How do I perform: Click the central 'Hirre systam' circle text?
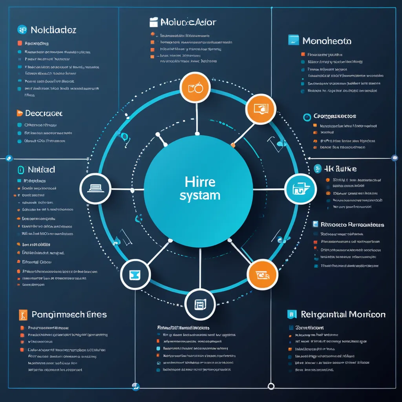click(200, 189)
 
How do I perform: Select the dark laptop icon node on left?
click(95, 188)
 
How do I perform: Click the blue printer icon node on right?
click(300, 189)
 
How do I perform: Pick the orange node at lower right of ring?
click(263, 274)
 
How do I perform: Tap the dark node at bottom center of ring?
click(200, 304)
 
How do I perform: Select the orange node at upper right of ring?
click(261, 109)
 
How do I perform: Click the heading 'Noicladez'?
click(53, 30)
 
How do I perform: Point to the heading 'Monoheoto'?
click(327, 41)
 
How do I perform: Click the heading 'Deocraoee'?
click(44, 113)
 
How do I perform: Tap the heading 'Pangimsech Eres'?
click(69, 314)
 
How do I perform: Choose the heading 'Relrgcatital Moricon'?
click(343, 314)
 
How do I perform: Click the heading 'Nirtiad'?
click(41, 170)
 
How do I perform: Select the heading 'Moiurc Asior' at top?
click(188, 22)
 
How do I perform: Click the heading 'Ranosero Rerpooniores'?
click(352, 225)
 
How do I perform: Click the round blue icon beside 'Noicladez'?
click(22, 29)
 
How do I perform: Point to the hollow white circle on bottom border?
click(270, 386)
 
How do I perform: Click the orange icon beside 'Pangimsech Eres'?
click(23, 314)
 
